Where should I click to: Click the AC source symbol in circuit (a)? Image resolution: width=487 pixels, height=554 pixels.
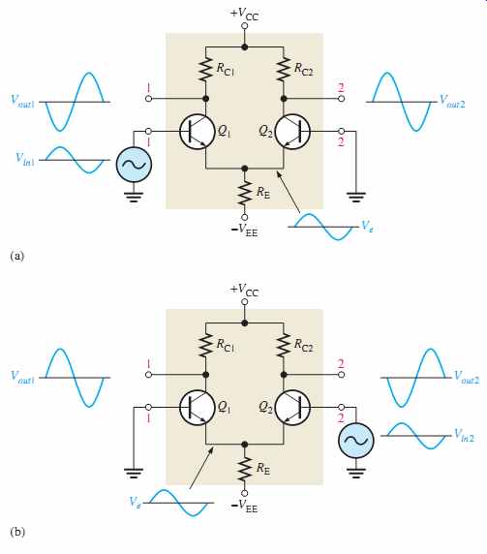click(134, 165)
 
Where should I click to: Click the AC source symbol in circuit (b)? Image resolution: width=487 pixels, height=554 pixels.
click(355, 441)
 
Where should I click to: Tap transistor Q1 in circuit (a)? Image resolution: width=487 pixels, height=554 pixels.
click(197, 132)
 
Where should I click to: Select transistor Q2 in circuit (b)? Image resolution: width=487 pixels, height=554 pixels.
click(292, 408)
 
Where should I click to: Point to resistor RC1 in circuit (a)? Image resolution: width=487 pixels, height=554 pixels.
click(205, 70)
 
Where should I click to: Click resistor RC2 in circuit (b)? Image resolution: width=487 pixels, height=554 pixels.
click(284, 345)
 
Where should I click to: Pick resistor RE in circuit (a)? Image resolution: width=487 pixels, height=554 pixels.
click(244, 194)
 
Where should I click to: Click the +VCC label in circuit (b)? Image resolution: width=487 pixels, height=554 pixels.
click(244, 291)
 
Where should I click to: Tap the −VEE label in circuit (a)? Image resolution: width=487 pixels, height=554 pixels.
click(244, 231)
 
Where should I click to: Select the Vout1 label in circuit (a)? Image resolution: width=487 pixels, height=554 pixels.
click(22, 102)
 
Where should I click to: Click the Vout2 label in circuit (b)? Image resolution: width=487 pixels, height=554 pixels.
click(467, 378)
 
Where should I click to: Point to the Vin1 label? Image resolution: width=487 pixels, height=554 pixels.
click(25, 159)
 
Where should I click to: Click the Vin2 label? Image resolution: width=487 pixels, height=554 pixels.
click(464, 435)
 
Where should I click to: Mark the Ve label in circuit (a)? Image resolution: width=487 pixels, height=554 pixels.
click(367, 227)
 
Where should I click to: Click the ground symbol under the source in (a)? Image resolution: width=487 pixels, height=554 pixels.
click(134, 197)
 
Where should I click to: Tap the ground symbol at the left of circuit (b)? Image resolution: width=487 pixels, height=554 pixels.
click(134, 473)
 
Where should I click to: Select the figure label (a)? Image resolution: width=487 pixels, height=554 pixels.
click(17, 256)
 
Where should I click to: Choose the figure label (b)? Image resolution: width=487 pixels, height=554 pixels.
click(17, 532)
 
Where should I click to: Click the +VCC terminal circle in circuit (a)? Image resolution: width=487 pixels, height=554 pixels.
click(244, 26)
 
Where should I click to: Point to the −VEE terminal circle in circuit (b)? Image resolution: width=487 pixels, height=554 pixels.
click(244, 493)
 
